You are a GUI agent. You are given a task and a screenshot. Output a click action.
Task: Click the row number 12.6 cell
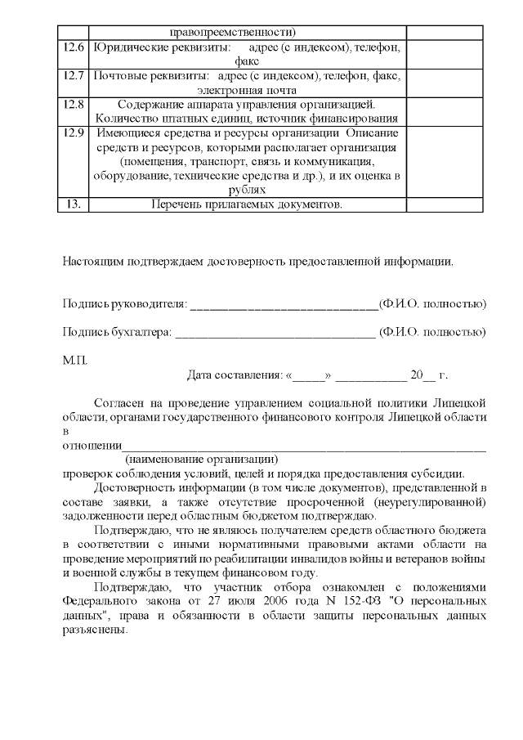point(73,48)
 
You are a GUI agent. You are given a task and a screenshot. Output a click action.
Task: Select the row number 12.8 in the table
point(73,104)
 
